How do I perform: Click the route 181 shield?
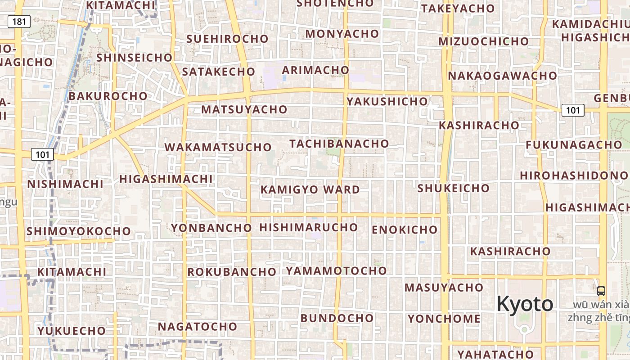(x=19, y=22)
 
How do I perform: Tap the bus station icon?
(x=601, y=291)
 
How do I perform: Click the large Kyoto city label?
(x=525, y=304)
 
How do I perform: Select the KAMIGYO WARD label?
(x=310, y=190)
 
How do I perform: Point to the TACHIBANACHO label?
(x=339, y=144)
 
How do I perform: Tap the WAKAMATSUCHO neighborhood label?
(x=218, y=147)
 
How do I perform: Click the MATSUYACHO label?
(x=244, y=109)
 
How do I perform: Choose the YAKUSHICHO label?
(x=387, y=101)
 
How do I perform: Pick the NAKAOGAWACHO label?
(x=502, y=76)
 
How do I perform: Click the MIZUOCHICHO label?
(x=484, y=41)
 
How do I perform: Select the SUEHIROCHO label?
(x=227, y=39)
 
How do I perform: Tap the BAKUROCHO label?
(x=108, y=96)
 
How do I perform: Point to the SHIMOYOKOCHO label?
(x=79, y=231)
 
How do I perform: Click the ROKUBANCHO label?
(x=232, y=272)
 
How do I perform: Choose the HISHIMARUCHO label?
(x=308, y=227)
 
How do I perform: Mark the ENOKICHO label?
(x=405, y=230)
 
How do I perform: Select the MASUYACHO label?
(x=444, y=287)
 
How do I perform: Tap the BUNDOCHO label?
(x=337, y=318)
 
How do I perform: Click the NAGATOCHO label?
(x=197, y=326)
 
